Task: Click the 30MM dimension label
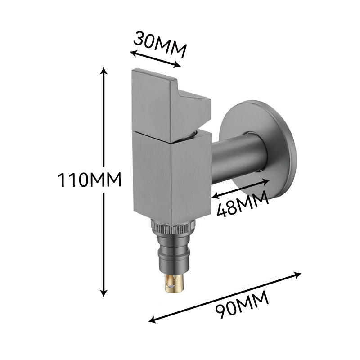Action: [160, 44]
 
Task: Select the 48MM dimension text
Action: [243, 204]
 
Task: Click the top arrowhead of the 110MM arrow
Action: [103, 71]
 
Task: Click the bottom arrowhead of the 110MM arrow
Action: [104, 293]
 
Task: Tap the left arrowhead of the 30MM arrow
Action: [133, 53]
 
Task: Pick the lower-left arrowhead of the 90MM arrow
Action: [152, 319]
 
